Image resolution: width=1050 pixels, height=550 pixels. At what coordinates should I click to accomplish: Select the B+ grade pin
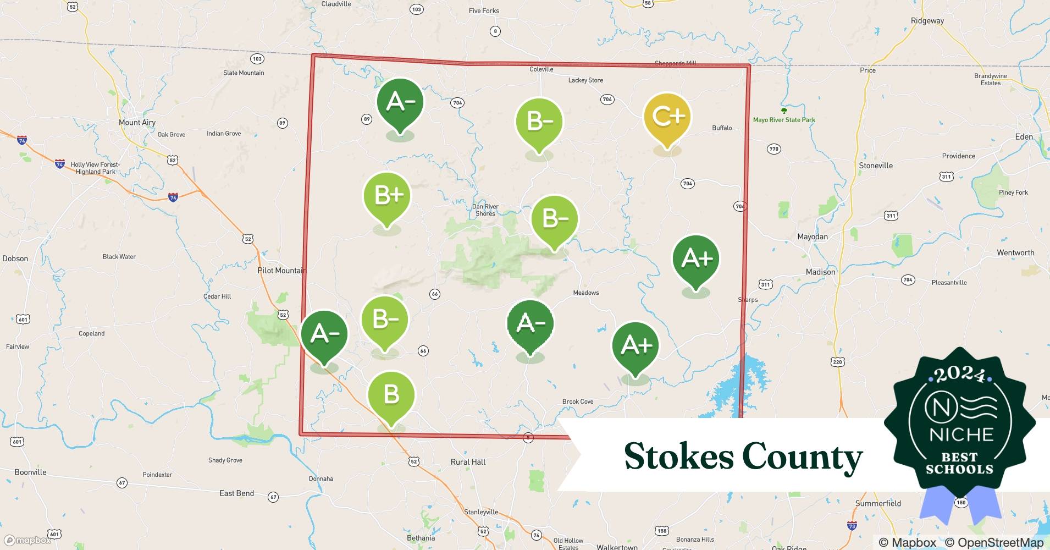pos(387,196)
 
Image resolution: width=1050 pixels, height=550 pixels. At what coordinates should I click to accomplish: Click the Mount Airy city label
pos(137,123)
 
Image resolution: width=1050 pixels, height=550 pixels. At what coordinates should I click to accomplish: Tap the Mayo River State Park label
pos(784,120)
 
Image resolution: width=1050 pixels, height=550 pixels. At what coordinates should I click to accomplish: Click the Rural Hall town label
pos(468,462)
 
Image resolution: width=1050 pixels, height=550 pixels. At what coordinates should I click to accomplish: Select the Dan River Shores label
pos(485,210)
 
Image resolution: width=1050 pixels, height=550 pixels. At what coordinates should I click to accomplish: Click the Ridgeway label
pos(927,21)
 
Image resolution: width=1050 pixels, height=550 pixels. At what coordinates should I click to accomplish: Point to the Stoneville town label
pos(876,166)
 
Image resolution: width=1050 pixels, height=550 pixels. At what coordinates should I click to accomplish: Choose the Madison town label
pos(820,272)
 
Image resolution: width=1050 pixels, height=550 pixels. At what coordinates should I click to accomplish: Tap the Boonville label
pos(30,472)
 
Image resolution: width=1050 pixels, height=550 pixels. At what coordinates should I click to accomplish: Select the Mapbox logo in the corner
pos(27,540)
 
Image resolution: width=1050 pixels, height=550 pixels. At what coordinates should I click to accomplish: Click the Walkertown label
pos(617,547)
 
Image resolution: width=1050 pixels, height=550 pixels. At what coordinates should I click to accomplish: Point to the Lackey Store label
pos(585,80)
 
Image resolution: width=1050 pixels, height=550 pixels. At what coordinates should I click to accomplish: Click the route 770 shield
pos(774,149)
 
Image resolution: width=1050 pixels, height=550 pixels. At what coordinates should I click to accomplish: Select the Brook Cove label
pos(578,402)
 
